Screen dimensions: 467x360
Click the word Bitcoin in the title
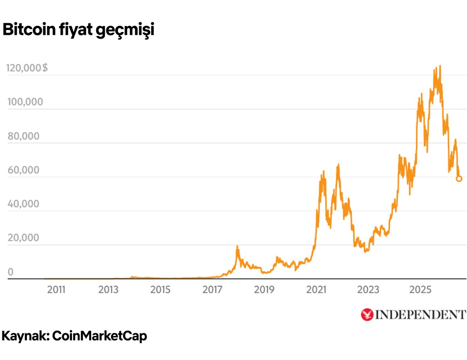tap(29, 30)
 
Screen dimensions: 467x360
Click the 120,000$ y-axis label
tap(27, 68)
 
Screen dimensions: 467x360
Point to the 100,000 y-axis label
tap(25, 102)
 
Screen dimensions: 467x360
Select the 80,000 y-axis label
tap(24, 136)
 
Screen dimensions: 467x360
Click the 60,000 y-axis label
tap(24, 170)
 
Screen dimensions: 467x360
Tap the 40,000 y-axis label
tap(24, 204)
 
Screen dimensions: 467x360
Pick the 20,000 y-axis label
tap(24, 238)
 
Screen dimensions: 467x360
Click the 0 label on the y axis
tap(10, 272)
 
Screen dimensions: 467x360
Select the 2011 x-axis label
tap(56, 289)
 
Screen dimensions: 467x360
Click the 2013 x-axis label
tap(108, 289)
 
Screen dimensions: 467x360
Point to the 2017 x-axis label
tap(212, 289)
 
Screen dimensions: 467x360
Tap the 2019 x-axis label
tap(264, 289)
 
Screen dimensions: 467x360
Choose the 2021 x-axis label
tap(316, 289)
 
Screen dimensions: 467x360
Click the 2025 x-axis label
tap(420, 289)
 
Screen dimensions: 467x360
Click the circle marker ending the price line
tap(459, 179)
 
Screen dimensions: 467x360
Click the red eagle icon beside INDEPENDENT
tap(367, 315)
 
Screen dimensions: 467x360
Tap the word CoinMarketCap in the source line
tap(100, 336)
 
